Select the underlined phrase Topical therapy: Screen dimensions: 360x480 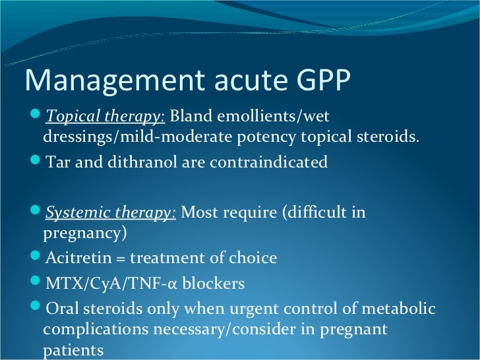pos(105,117)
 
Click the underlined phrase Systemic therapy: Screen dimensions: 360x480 pos(110,213)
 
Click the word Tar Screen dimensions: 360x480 pos(57,162)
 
